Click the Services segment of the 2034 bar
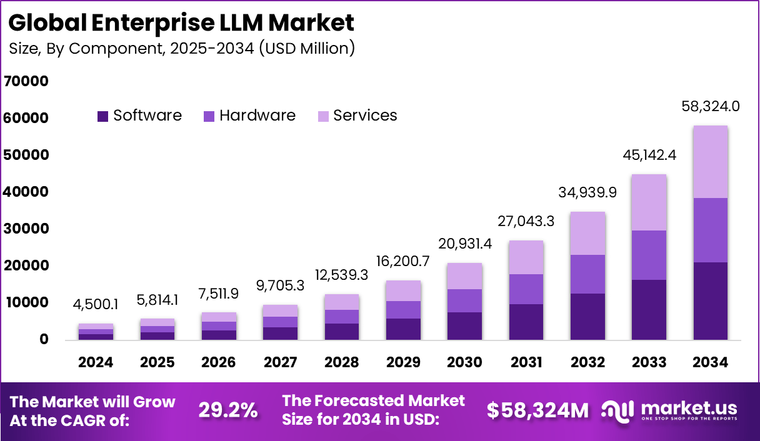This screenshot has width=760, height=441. (x=710, y=162)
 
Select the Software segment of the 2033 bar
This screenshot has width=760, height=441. (x=649, y=309)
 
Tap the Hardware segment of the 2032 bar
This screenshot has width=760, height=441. (x=587, y=274)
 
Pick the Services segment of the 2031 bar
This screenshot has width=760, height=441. (x=526, y=257)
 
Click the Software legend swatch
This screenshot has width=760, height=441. (x=103, y=116)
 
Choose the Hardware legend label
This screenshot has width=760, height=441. (x=257, y=116)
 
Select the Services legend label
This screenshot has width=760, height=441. (x=365, y=116)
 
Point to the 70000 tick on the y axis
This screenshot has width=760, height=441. (x=26, y=81)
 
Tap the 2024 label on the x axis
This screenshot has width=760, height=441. (x=96, y=362)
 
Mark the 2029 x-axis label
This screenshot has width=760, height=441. (x=403, y=362)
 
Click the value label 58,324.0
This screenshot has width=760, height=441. (x=710, y=106)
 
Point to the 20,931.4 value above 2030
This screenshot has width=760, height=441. (x=464, y=244)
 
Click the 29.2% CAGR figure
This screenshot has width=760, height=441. (x=228, y=410)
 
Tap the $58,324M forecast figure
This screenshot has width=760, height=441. (x=538, y=410)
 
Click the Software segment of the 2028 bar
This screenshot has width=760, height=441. (x=342, y=331)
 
